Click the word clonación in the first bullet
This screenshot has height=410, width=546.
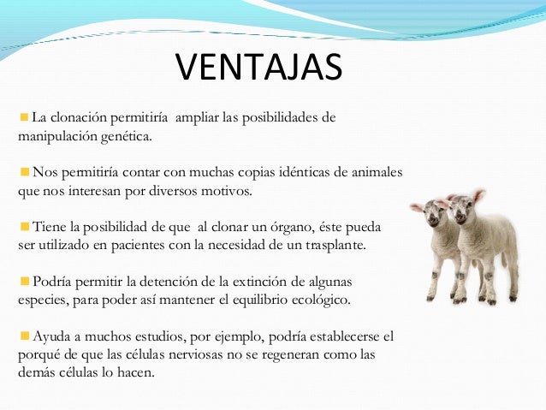82,117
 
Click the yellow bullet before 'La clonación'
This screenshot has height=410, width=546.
24,116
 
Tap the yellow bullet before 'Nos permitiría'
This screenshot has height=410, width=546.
24,170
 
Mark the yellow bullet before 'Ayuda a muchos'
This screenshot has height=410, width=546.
24,335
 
